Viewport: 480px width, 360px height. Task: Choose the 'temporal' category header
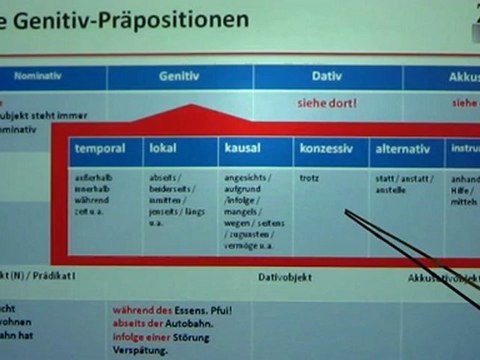(x=100, y=149)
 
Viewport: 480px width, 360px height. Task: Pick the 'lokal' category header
(x=163, y=149)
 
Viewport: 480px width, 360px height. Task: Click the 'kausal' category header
(x=243, y=149)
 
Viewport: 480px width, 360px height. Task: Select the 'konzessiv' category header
(x=325, y=149)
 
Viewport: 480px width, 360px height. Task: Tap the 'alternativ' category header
(x=403, y=149)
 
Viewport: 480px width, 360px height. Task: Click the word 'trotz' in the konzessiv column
(x=309, y=178)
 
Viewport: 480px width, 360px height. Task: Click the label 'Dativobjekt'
(x=286, y=276)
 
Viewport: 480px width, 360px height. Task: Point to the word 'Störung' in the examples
(x=199, y=338)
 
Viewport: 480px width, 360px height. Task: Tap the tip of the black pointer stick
(x=345, y=211)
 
